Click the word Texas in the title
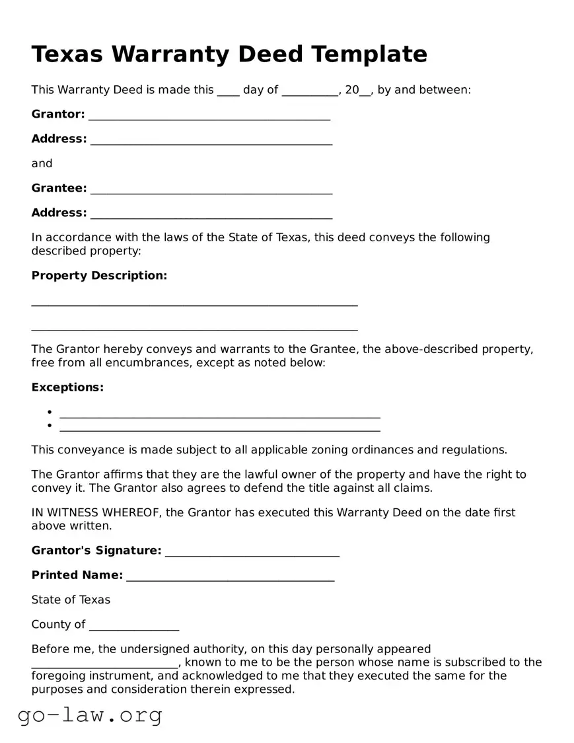pos(67,54)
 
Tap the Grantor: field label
pos(58,114)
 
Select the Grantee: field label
pos(59,188)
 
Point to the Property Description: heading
pos(99,276)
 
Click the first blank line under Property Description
pos(194,303)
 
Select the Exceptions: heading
pos(67,387)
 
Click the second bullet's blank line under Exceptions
pos(219,428)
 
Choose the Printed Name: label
pos(77,575)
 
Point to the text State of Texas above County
pos(71,600)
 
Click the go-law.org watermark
pos(90,715)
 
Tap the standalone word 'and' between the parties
pos(42,163)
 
